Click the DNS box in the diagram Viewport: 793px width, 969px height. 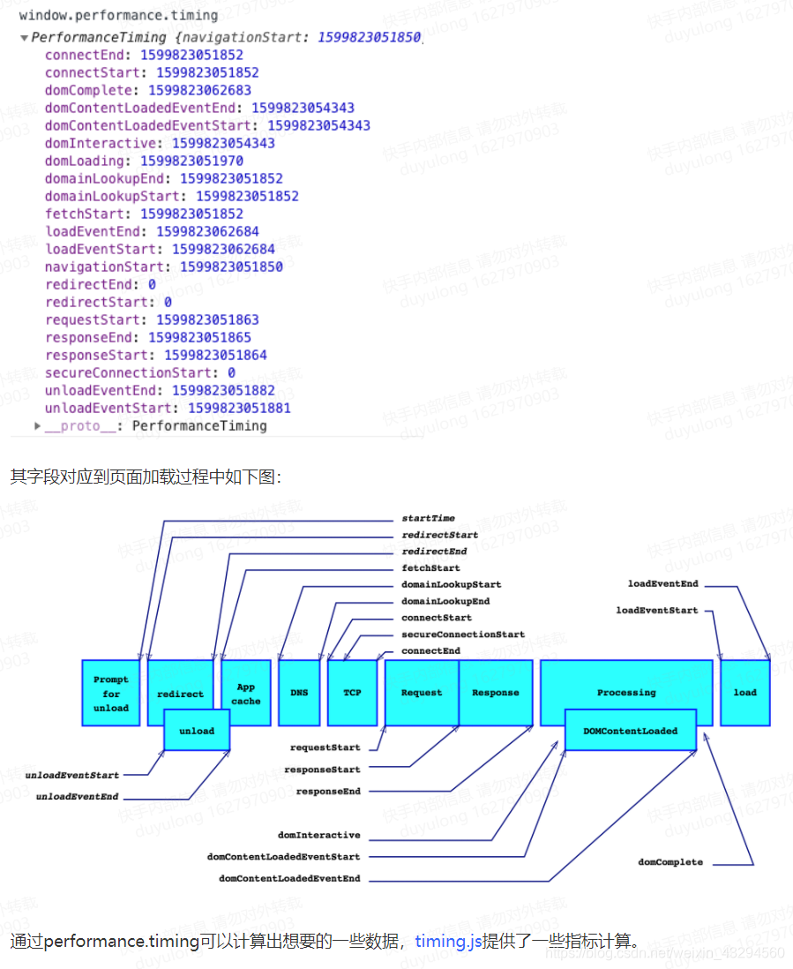click(x=299, y=693)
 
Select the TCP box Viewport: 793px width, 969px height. click(x=352, y=693)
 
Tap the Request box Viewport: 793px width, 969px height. click(x=422, y=693)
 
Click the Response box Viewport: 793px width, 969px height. click(x=496, y=693)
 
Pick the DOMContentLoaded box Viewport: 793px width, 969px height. click(x=630, y=731)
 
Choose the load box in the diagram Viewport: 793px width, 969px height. click(x=744, y=693)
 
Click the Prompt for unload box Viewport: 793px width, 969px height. click(x=111, y=694)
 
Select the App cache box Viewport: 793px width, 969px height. click(x=246, y=694)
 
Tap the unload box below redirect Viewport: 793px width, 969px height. click(x=197, y=731)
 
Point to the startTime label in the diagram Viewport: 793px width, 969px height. click(x=429, y=518)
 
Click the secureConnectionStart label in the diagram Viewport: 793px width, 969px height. click(x=463, y=635)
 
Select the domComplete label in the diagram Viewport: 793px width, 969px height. click(x=670, y=862)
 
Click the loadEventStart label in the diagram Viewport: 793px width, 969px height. click(x=657, y=610)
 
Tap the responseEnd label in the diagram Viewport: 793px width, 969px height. click(x=328, y=792)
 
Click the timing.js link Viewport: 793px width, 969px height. click(x=449, y=941)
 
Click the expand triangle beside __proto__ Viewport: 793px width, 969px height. click(x=37, y=426)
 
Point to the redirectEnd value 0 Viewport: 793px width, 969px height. click(x=152, y=284)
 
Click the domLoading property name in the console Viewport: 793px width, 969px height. click(x=84, y=161)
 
